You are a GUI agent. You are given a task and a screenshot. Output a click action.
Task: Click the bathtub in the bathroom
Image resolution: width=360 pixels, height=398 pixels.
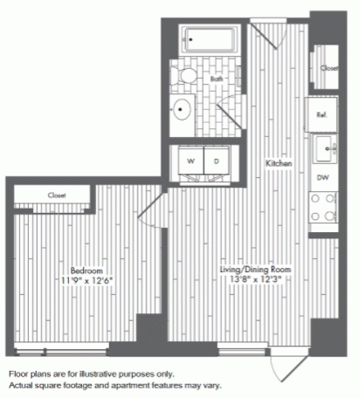[210, 39]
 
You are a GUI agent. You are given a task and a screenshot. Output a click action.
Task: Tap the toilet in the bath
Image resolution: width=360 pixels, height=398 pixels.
[184, 76]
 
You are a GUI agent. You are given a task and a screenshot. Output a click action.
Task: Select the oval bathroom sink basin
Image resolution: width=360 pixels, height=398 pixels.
[183, 109]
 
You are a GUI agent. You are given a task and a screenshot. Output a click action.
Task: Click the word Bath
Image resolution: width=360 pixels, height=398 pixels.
[217, 79]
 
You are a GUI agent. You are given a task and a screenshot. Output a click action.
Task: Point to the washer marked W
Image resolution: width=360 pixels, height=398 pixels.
[190, 161]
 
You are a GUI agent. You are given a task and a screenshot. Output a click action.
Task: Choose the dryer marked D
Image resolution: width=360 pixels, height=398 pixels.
[217, 161]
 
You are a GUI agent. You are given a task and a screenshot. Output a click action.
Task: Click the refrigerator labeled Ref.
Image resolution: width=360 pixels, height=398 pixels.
[322, 114]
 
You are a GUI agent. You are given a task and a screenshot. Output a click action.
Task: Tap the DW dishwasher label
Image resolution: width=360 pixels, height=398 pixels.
[322, 177]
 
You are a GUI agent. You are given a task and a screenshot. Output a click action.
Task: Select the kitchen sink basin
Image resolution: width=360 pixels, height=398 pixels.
[324, 148]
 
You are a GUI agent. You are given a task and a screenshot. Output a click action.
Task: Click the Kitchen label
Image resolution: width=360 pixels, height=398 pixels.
[279, 163]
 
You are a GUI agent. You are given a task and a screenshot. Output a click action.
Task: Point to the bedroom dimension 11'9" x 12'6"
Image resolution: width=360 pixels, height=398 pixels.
[87, 281]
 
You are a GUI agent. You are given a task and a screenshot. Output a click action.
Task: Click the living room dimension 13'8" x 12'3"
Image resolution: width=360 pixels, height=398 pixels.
[256, 279]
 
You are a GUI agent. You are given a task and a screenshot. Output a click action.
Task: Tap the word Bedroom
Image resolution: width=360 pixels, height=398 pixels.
[87, 271]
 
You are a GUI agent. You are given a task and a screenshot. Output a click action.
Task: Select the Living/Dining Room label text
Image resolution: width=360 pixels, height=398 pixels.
[255, 269]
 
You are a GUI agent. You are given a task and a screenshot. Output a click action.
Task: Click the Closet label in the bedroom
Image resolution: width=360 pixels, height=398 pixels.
[57, 196]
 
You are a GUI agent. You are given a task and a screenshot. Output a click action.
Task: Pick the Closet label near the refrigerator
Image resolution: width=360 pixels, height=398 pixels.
[329, 68]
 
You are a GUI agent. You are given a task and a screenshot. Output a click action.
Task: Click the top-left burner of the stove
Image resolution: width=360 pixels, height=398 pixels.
[315, 199]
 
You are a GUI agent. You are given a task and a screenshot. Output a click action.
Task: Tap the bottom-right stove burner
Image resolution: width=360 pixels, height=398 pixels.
[329, 216]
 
